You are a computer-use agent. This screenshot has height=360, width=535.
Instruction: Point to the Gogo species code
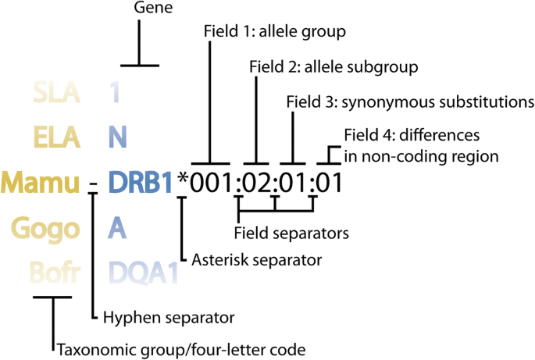tap(46, 229)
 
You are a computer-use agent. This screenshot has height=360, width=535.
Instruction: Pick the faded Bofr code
tap(52, 273)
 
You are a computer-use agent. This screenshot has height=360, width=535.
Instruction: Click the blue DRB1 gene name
tap(140, 183)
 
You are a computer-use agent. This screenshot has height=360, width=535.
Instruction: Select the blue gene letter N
tap(117, 137)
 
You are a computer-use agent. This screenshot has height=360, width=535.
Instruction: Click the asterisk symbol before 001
tap(184, 180)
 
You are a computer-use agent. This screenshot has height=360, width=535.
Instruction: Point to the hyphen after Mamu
tap(94, 185)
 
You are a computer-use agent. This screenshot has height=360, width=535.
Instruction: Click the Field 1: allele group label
tap(273, 32)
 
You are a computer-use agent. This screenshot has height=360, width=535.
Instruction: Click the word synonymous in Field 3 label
tap(375, 102)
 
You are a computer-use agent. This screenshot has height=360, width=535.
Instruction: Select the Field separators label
tap(291, 232)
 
